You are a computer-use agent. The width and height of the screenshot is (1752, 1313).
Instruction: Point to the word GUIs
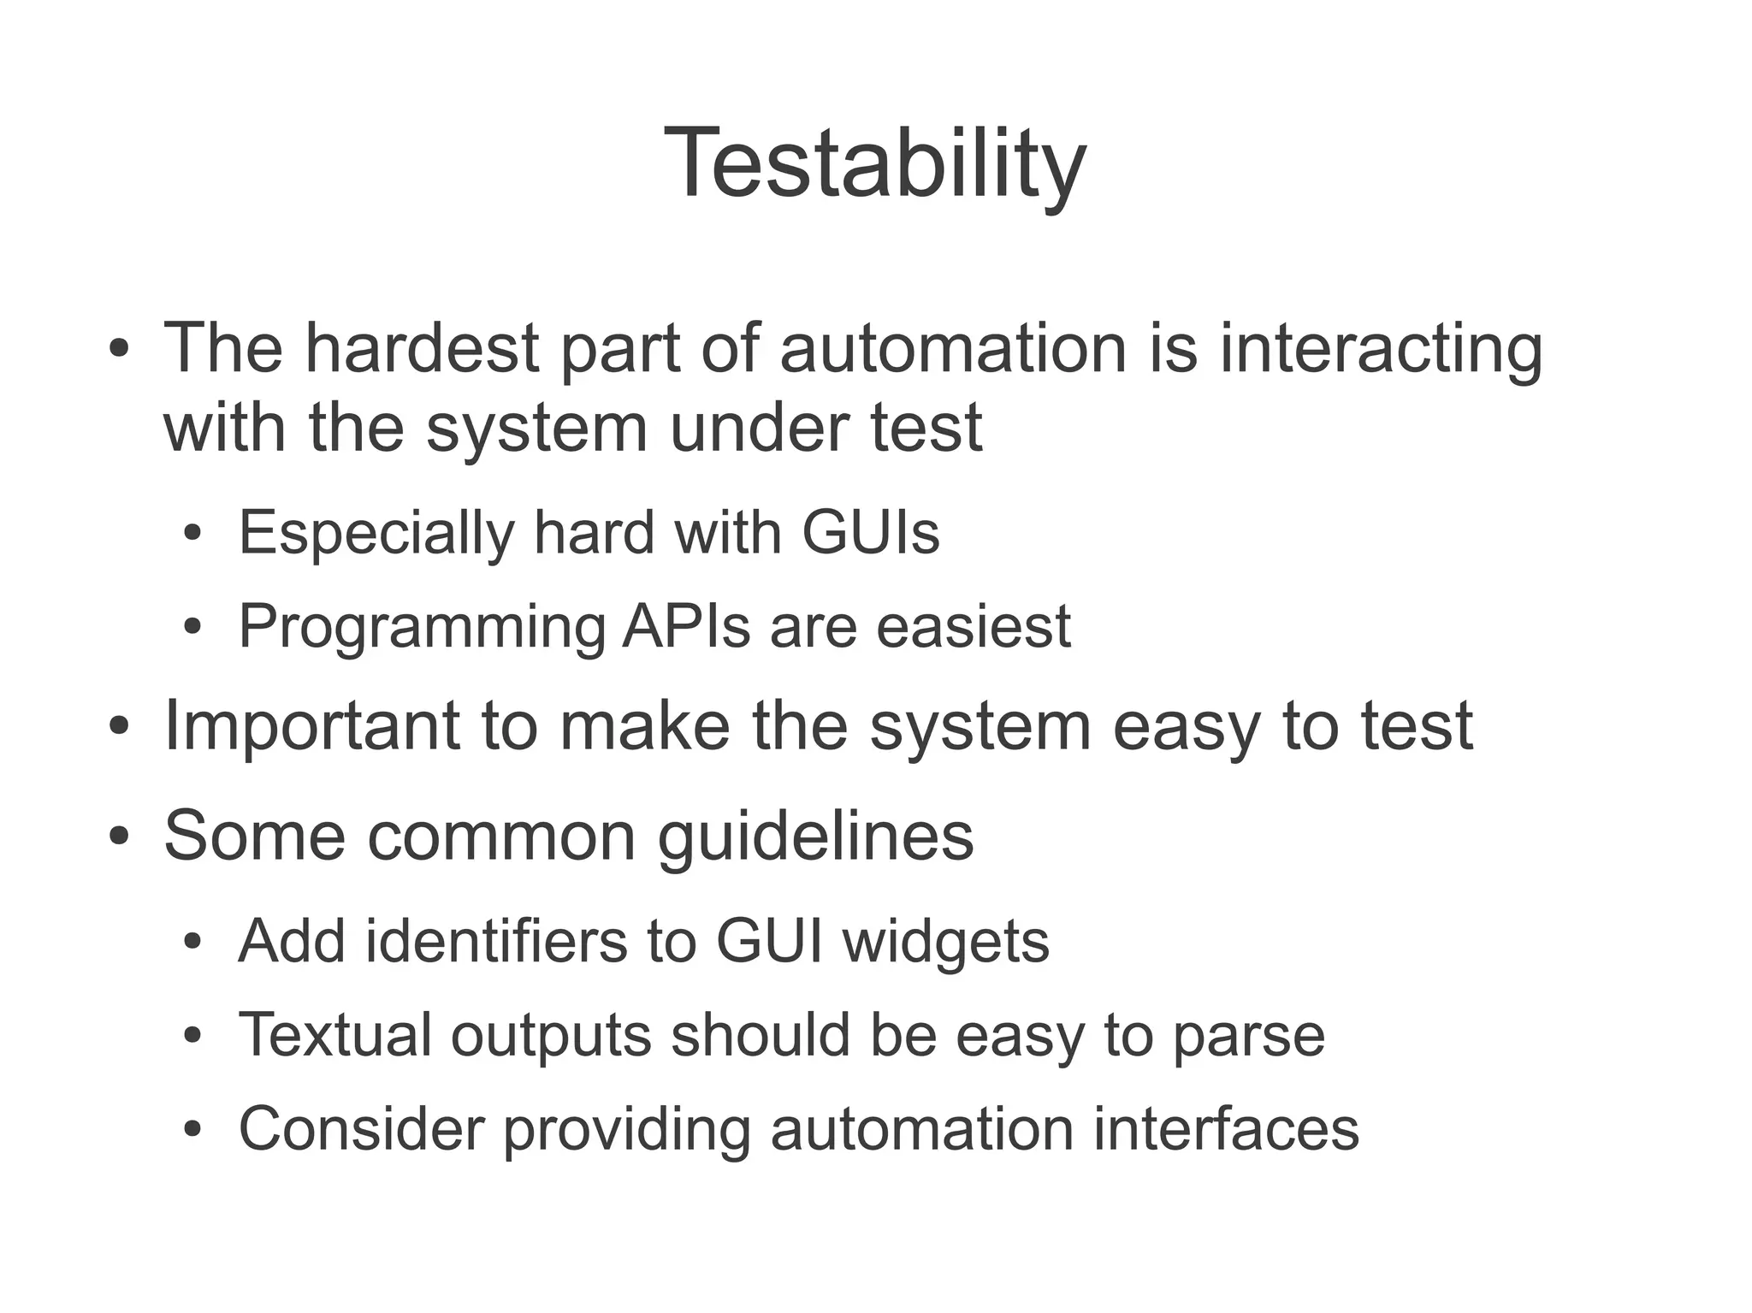[x=871, y=532]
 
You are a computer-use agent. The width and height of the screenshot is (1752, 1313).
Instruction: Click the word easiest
[x=974, y=627]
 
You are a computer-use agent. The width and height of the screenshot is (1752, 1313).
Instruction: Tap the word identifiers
[x=496, y=941]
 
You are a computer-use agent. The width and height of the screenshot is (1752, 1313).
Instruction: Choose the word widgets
[x=945, y=941]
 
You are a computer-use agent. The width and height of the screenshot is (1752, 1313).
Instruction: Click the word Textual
[x=334, y=1035]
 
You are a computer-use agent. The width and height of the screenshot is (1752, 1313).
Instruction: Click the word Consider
[x=361, y=1129]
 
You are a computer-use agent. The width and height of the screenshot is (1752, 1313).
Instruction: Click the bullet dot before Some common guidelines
[x=119, y=836]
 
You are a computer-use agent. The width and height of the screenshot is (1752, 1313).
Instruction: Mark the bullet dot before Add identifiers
[x=192, y=943]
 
